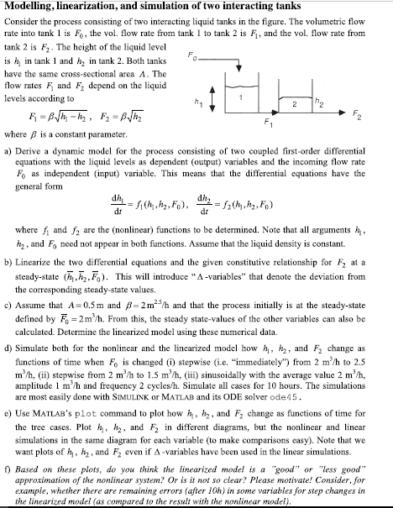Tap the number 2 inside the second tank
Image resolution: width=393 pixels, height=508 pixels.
click(337, 108)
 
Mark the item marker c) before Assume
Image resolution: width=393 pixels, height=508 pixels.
click(10, 322)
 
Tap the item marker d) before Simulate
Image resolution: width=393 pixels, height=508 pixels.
click(10, 369)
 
